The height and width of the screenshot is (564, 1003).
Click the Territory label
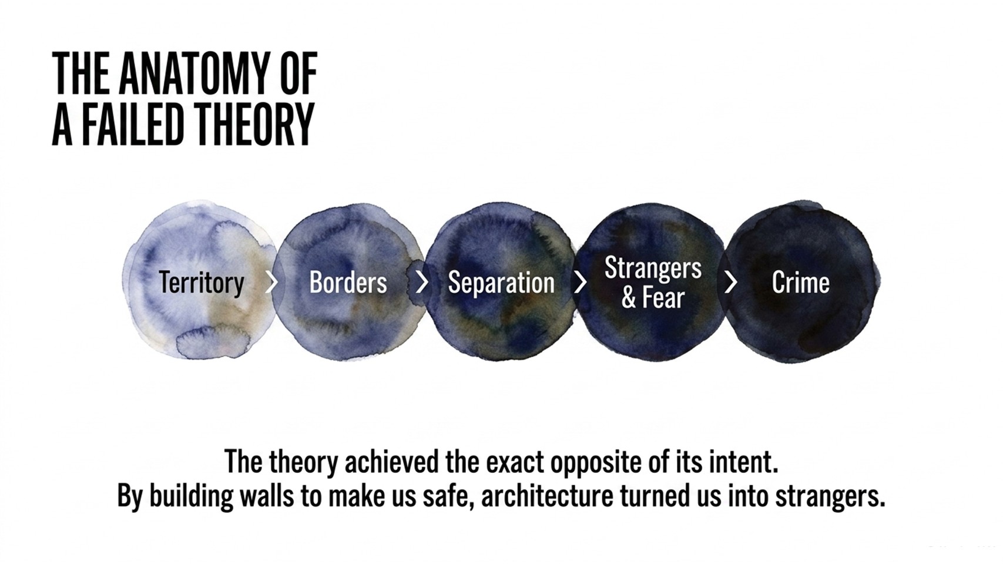tap(202, 283)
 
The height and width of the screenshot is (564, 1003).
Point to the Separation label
tap(501, 283)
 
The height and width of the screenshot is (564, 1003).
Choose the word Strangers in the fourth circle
tap(653, 268)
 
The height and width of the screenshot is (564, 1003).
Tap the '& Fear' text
tap(653, 297)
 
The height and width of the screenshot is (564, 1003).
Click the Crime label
tap(800, 283)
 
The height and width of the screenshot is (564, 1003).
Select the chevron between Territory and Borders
tap(271, 283)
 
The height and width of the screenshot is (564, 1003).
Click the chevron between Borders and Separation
tap(422, 283)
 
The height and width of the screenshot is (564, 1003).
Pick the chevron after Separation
tap(581, 283)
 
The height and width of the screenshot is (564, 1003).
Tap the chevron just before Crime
tap(731, 283)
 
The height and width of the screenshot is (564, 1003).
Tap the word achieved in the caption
tap(391, 462)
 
